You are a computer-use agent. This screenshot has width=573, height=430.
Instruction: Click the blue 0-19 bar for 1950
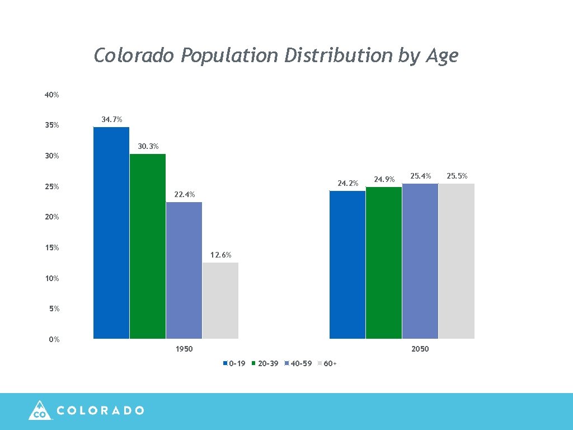pos(111,233)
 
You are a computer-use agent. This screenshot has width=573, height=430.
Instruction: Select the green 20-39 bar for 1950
pos(147,246)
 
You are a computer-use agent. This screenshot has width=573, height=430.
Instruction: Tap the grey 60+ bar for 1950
pos(220,301)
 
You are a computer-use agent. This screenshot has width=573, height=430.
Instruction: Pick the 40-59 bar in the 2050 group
pos(420,261)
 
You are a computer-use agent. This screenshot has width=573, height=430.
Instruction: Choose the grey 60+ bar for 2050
pos(456,261)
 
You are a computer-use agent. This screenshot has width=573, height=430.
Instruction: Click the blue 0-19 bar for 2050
pos(347,265)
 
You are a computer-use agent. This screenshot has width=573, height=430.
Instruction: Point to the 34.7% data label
pos(112,120)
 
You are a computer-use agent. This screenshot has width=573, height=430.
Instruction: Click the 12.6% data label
pos(220,255)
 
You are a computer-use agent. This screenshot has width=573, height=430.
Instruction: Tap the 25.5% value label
pos(457,176)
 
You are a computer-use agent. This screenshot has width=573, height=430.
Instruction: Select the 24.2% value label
pos(347,184)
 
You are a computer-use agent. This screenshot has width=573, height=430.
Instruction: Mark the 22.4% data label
pos(184,195)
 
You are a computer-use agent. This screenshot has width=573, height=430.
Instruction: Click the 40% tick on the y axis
pos(52,95)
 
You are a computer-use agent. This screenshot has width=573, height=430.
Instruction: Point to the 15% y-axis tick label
pos(52,248)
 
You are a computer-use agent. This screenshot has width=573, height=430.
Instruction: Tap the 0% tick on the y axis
pos(54,340)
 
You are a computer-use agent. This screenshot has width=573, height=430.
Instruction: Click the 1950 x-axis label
pos(184,349)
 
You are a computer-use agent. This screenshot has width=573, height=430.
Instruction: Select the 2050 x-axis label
pos(420,349)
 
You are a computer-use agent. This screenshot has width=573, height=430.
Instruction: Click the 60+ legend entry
pos(330,364)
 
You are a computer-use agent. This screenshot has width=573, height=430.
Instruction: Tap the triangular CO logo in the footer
pos(39,410)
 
